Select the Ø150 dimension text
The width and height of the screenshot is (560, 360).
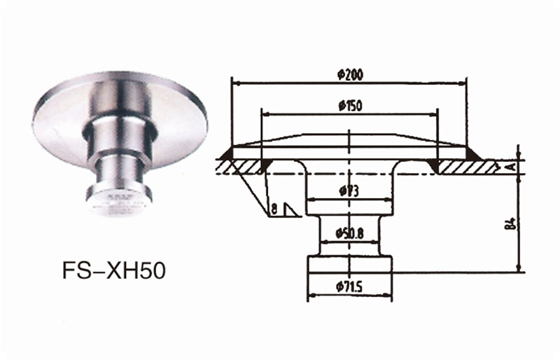349,106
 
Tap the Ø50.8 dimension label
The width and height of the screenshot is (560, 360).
348,233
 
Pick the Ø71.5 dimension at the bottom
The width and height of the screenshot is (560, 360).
348,286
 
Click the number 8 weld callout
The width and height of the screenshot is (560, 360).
274,208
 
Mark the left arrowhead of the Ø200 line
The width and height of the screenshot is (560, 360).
235,83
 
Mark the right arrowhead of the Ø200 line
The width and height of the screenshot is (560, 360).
463,83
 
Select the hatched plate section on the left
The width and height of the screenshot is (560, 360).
241,166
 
